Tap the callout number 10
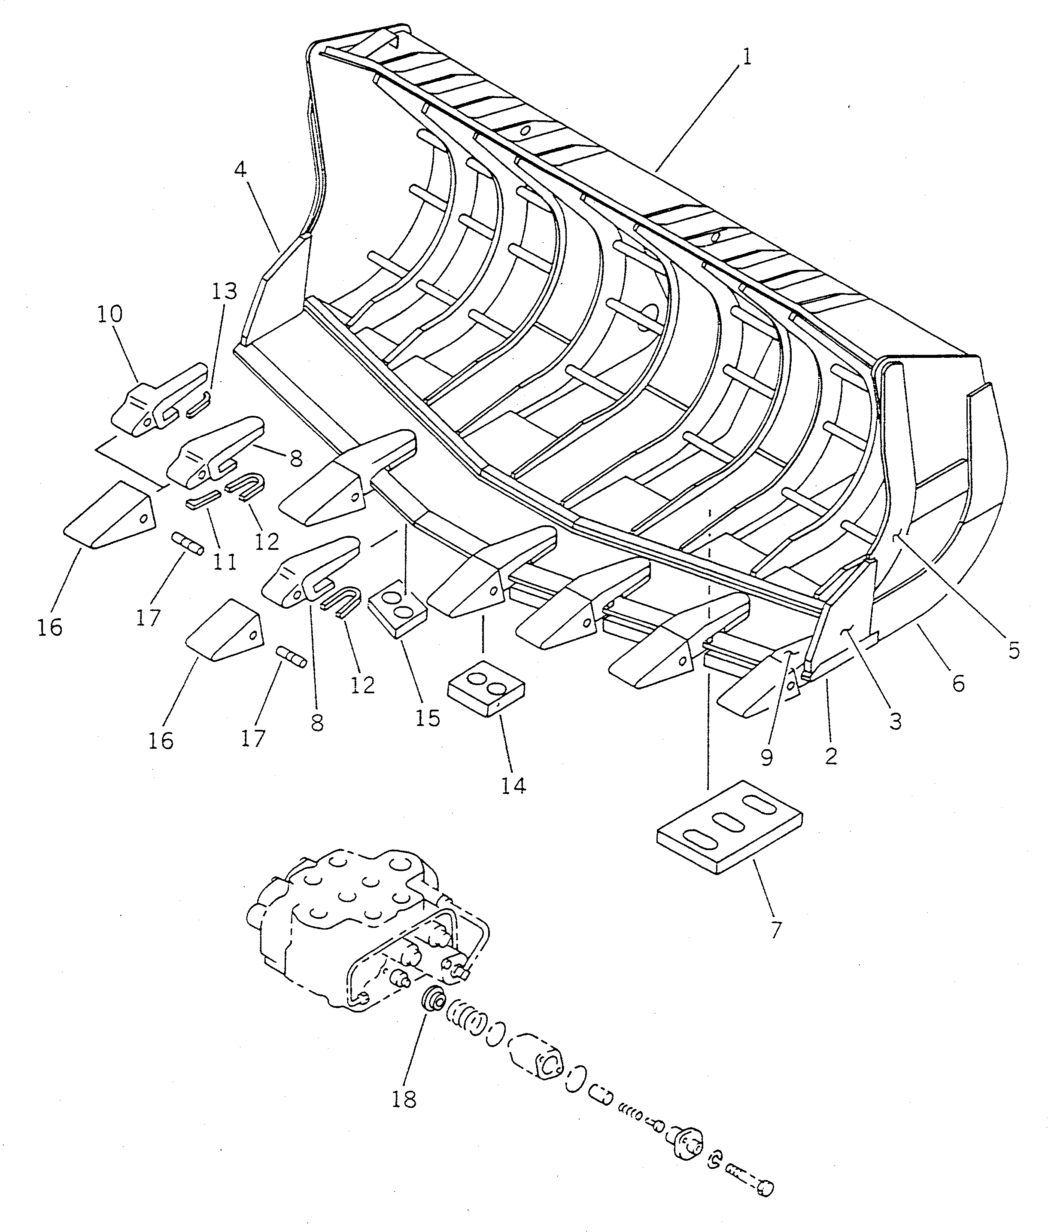pyautogui.click(x=110, y=314)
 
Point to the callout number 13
pyautogui.click(x=223, y=291)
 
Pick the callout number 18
pyautogui.click(x=404, y=1099)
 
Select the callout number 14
pyautogui.click(x=513, y=786)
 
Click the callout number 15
pyautogui.click(x=427, y=718)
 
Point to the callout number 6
pyautogui.click(x=958, y=683)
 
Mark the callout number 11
pyautogui.click(x=225, y=561)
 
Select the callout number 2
pyautogui.click(x=831, y=756)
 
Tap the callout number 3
pyautogui.click(x=895, y=721)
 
